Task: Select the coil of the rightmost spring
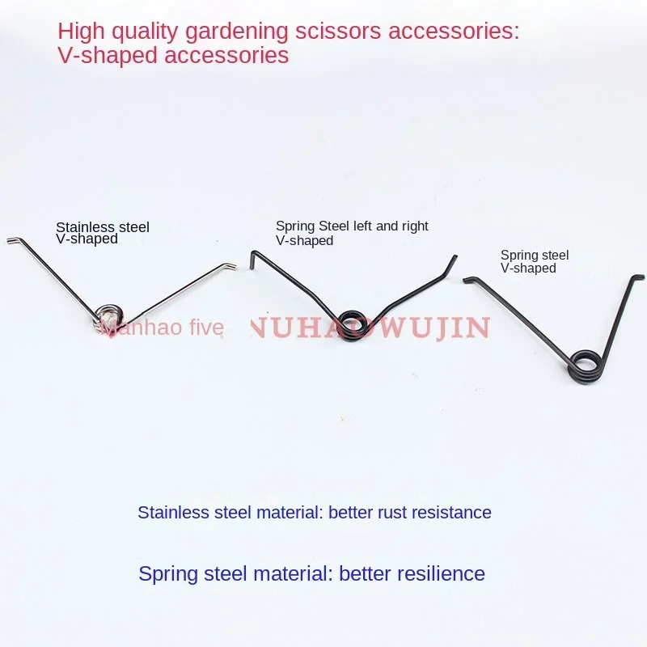[583, 362]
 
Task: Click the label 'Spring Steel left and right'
[352, 226]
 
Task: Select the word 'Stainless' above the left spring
[83, 227]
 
